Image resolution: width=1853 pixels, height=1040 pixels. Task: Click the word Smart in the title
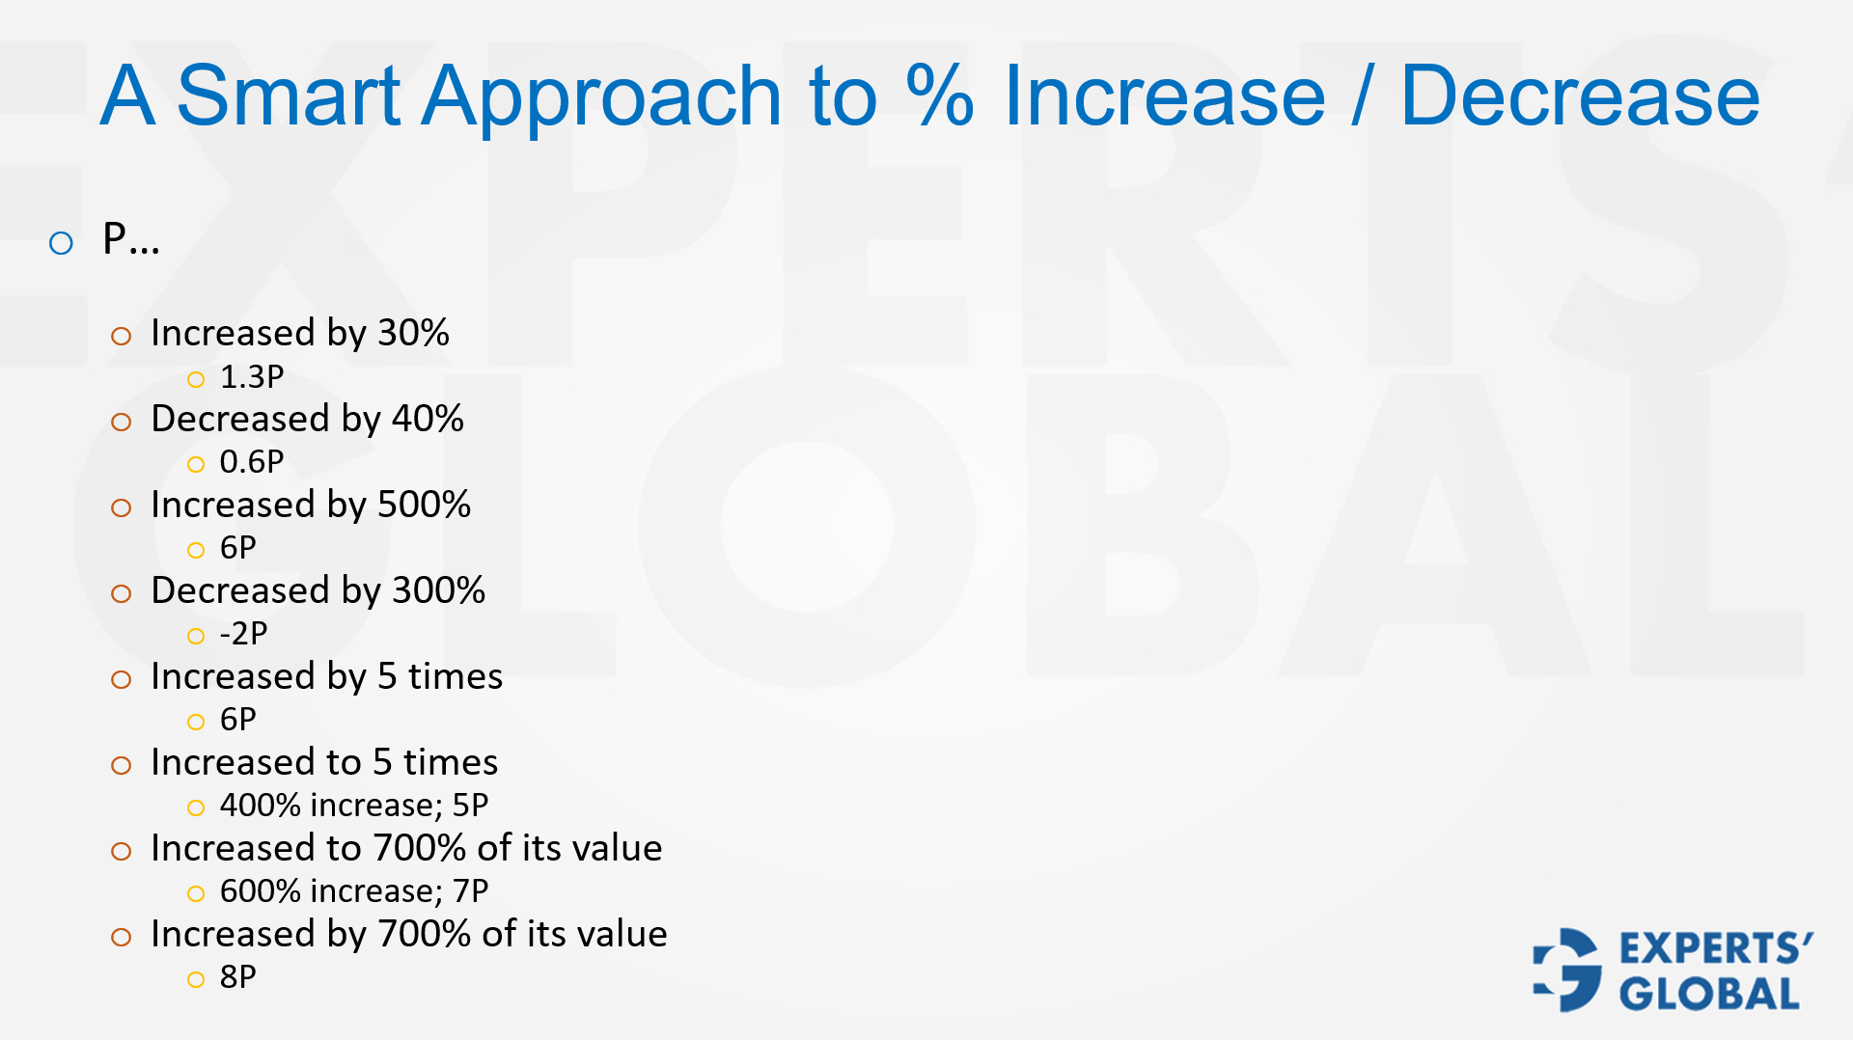pyautogui.click(x=289, y=96)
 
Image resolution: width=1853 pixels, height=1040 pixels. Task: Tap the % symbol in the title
pyautogui.click(x=939, y=96)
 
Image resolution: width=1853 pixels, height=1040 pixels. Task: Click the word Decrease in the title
pyautogui.click(x=1580, y=96)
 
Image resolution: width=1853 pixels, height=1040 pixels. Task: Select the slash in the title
pyautogui.click(x=1362, y=96)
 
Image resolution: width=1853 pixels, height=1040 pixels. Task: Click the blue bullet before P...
pyautogui.click(x=61, y=243)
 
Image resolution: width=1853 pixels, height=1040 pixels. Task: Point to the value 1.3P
pyautogui.click(x=252, y=376)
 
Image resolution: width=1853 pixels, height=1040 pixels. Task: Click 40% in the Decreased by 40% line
pyautogui.click(x=428, y=419)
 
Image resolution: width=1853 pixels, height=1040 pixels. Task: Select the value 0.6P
pyautogui.click(x=252, y=462)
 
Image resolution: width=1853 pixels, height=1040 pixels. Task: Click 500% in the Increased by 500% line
pyautogui.click(x=424, y=505)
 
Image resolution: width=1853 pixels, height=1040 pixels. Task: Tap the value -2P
pyautogui.click(x=243, y=634)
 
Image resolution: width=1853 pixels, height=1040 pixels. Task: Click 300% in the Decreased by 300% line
pyautogui.click(x=438, y=590)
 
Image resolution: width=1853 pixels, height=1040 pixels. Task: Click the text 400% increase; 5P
pyautogui.click(x=354, y=805)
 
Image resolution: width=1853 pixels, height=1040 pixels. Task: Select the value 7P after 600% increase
pyautogui.click(x=471, y=890)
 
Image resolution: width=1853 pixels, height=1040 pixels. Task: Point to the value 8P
pyautogui.click(x=238, y=976)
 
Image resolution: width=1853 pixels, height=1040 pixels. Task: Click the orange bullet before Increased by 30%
pyautogui.click(x=121, y=337)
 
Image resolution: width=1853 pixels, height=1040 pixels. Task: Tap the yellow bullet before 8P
pyautogui.click(x=196, y=980)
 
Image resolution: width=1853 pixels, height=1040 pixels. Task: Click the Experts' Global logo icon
pyautogui.click(x=1567, y=970)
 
